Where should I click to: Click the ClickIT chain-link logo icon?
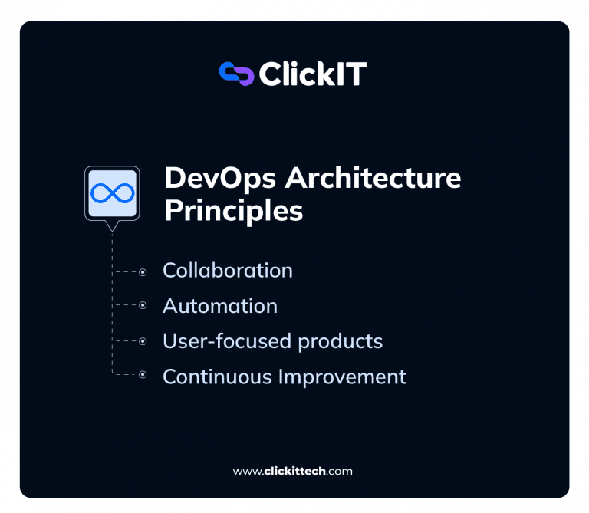coord(236,74)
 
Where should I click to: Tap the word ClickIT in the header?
coord(313,74)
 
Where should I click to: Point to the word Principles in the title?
coord(233,210)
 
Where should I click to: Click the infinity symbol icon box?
coord(112,192)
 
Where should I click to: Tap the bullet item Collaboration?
coord(228,271)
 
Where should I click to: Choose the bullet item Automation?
coord(220,306)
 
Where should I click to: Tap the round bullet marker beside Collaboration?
coord(142,271)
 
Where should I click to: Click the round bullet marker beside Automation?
coord(142,305)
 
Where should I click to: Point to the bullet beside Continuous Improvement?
coord(142,375)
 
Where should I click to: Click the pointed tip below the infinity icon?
coord(112,228)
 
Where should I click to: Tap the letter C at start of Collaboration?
coord(169,271)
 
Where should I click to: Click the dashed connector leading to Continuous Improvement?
coord(124,375)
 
